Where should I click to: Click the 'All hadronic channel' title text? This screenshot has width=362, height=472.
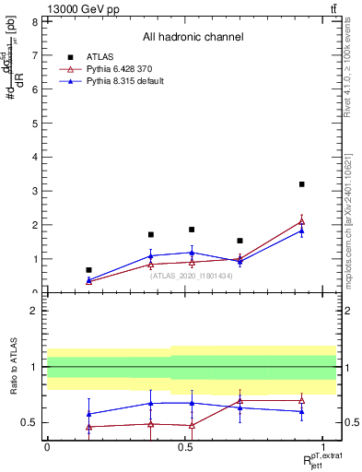click(x=193, y=37)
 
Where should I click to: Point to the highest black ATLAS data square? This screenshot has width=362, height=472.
click(x=301, y=184)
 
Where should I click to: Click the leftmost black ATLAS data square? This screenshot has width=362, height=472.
click(x=88, y=270)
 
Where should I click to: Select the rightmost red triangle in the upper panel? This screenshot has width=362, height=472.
click(x=301, y=221)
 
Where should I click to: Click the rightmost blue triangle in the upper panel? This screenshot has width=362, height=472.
click(x=301, y=230)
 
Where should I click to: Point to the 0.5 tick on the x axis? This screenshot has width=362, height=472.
click(x=185, y=445)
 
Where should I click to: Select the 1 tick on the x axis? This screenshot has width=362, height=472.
click(x=323, y=445)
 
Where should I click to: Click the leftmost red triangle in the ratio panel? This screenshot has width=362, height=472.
click(x=88, y=427)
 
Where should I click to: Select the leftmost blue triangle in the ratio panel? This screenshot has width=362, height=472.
click(x=88, y=414)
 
